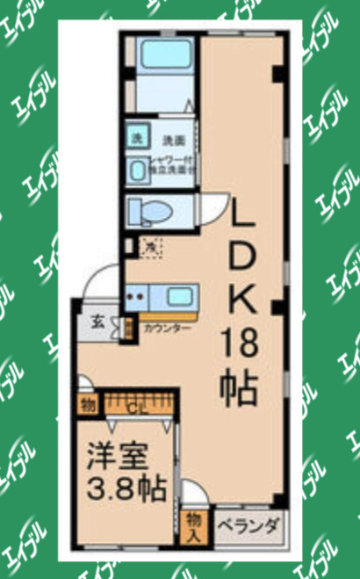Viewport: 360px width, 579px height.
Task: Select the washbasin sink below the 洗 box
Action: point(139,169)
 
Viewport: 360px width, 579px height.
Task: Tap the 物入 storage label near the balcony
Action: point(194,525)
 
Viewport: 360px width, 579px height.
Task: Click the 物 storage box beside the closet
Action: point(88,405)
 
